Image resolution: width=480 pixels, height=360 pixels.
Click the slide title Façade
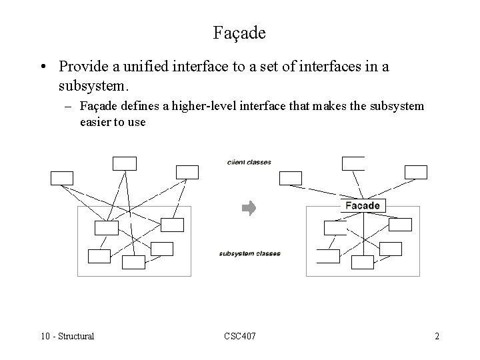pyautogui.click(x=239, y=31)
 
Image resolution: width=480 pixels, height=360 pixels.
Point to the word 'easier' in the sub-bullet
pyautogui.click(x=96, y=122)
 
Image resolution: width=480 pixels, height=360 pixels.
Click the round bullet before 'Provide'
pyautogui.click(x=43, y=68)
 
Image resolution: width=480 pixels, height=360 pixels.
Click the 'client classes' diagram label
pyautogui.click(x=249, y=162)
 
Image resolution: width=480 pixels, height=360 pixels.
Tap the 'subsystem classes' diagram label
pyautogui.click(x=249, y=253)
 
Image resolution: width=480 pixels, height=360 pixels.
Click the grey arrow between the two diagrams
pyautogui.click(x=248, y=209)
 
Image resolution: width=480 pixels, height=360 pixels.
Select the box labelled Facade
pyautogui.click(x=362, y=205)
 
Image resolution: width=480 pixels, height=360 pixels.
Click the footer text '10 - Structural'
pyautogui.click(x=67, y=336)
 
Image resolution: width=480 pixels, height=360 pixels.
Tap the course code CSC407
pyautogui.click(x=239, y=336)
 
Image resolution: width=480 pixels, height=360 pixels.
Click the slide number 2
pyautogui.click(x=437, y=336)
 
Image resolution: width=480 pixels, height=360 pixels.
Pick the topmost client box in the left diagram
pyautogui.click(x=125, y=163)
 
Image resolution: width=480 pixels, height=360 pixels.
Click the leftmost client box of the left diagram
pyautogui.click(x=62, y=177)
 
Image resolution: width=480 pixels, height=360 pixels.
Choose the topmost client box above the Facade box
pyautogui.click(x=353, y=163)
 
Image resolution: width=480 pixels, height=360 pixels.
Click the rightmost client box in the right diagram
pyautogui.click(x=415, y=172)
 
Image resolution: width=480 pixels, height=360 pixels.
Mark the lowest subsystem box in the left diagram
pyautogui.click(x=133, y=262)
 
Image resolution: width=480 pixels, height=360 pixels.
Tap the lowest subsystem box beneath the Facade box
pyautogui.click(x=362, y=262)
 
